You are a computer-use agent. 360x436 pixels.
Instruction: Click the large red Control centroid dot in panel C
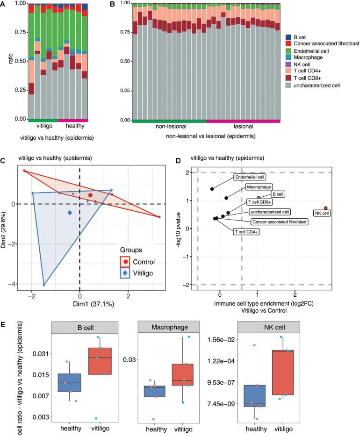[x=90, y=195]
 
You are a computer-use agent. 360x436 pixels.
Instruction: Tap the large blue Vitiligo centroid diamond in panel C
[x=70, y=213]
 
